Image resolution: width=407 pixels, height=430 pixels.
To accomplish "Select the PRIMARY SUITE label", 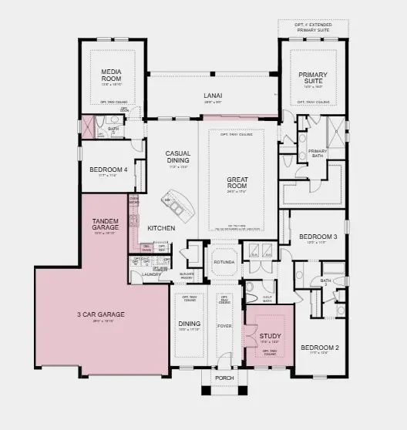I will pos(314,78).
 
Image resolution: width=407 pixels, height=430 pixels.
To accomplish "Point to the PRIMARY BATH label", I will pos(318,153).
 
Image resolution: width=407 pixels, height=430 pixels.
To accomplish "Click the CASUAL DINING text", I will pos(178,157).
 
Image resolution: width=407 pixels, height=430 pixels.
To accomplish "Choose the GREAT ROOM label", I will pos(236,183).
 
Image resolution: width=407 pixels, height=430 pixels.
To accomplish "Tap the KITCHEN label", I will pos(161,228).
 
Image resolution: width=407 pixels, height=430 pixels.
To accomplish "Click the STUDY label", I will pos(270,336).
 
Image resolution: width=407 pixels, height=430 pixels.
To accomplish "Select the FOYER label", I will pos(224,325).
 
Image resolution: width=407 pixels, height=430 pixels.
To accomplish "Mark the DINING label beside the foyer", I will pos(190,324).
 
